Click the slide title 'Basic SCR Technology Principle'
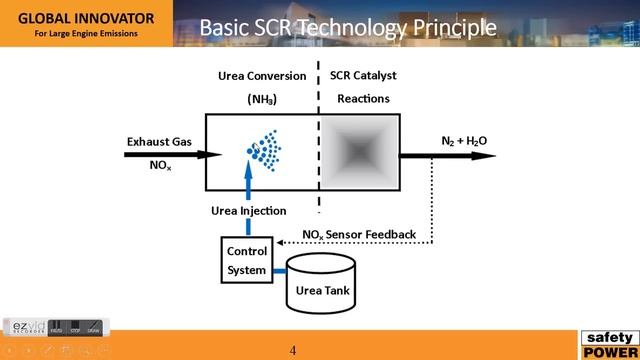(x=347, y=27)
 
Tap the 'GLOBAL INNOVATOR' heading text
(x=86, y=17)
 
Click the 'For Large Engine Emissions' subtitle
(x=86, y=34)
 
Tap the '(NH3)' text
(x=262, y=99)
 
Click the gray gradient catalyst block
(x=359, y=152)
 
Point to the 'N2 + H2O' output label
(x=464, y=141)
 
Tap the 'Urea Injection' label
(x=249, y=211)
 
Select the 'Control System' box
(x=246, y=260)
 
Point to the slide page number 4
(x=294, y=351)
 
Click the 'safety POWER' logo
(x=608, y=344)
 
